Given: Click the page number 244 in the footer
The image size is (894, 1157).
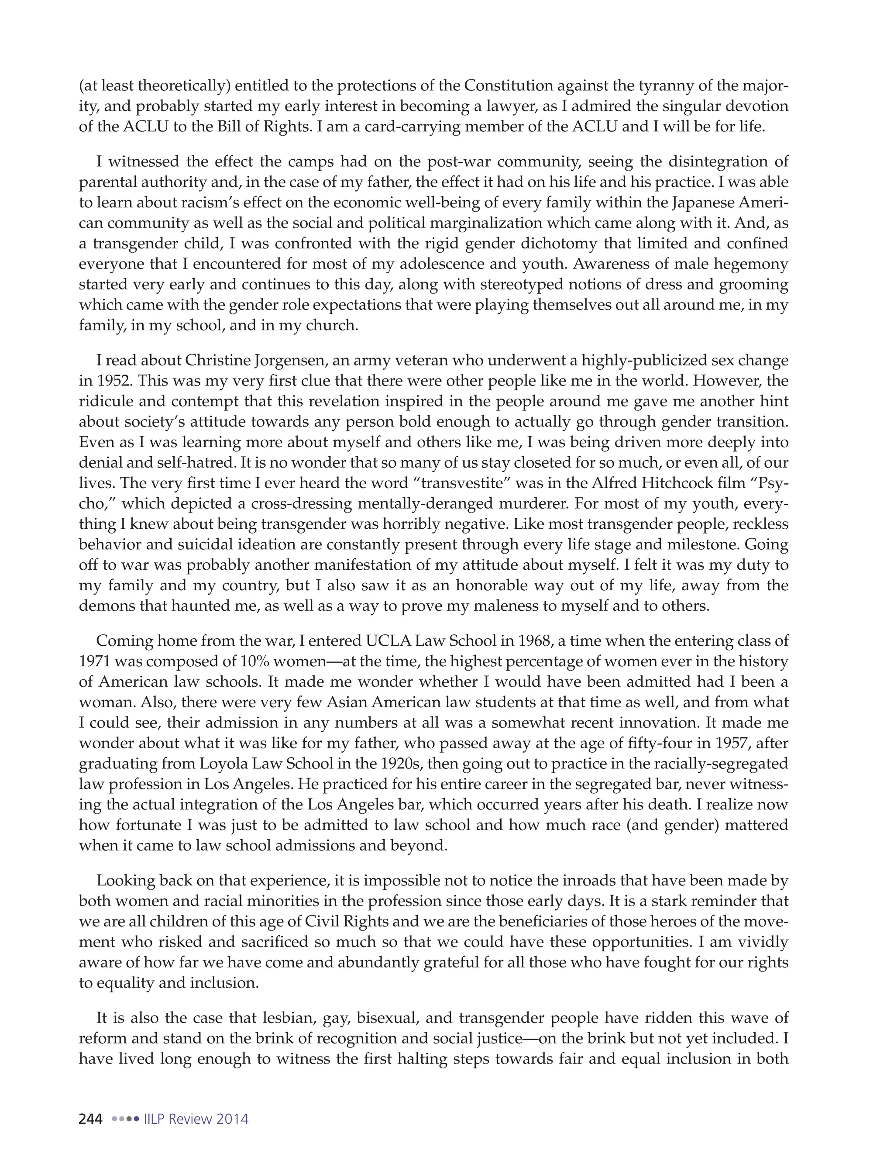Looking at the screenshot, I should point(90,1119).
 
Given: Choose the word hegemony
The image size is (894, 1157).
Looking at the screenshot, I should point(750,264).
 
